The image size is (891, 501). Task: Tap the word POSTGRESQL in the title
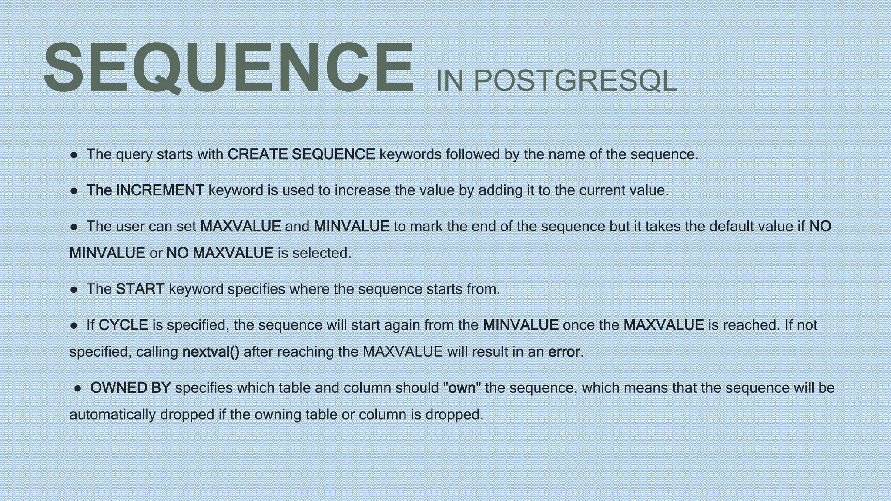coord(575,81)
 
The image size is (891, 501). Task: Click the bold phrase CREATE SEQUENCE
coord(301,154)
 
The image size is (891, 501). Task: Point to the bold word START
coord(140,289)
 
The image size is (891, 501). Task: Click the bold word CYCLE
coord(124,325)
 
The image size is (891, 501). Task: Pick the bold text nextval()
coord(211,351)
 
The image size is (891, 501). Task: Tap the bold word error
coord(564,351)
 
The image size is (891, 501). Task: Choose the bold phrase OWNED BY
coord(130,387)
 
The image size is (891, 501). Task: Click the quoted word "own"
coord(462,387)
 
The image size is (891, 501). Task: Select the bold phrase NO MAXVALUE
coord(220,253)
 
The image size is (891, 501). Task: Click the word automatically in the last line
coord(113,414)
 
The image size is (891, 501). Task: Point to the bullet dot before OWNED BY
coord(78,388)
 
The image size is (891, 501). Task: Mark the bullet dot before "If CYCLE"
coord(74,325)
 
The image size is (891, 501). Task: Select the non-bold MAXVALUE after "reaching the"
coord(402,351)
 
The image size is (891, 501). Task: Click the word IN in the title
coord(449,81)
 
